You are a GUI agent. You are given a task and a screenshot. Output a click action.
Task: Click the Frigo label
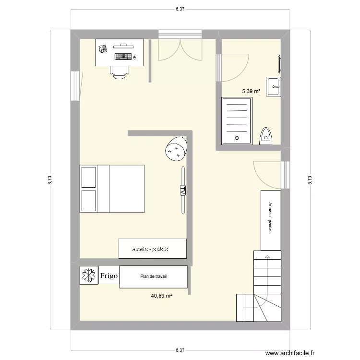[109, 276]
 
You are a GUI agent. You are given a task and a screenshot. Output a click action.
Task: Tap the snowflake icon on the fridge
[89, 275]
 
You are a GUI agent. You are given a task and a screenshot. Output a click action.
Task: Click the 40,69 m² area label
[161, 296]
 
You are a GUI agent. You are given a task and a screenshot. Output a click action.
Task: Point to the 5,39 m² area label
[251, 91]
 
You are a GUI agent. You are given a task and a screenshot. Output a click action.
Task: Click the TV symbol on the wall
[183, 190]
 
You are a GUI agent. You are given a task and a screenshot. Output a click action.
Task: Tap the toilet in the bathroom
[266, 136]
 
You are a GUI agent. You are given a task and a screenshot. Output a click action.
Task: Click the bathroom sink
[274, 87]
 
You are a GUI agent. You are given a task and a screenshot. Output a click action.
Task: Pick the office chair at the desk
[120, 71]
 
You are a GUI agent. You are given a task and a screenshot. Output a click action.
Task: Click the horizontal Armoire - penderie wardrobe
[153, 249]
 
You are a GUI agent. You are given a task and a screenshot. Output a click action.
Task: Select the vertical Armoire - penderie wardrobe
[271, 220]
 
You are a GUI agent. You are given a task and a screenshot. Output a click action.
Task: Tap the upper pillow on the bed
[89, 177]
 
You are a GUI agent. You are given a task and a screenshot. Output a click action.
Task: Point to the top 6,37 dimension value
[180, 9]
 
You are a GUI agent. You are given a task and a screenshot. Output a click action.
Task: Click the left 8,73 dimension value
[50, 180]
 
